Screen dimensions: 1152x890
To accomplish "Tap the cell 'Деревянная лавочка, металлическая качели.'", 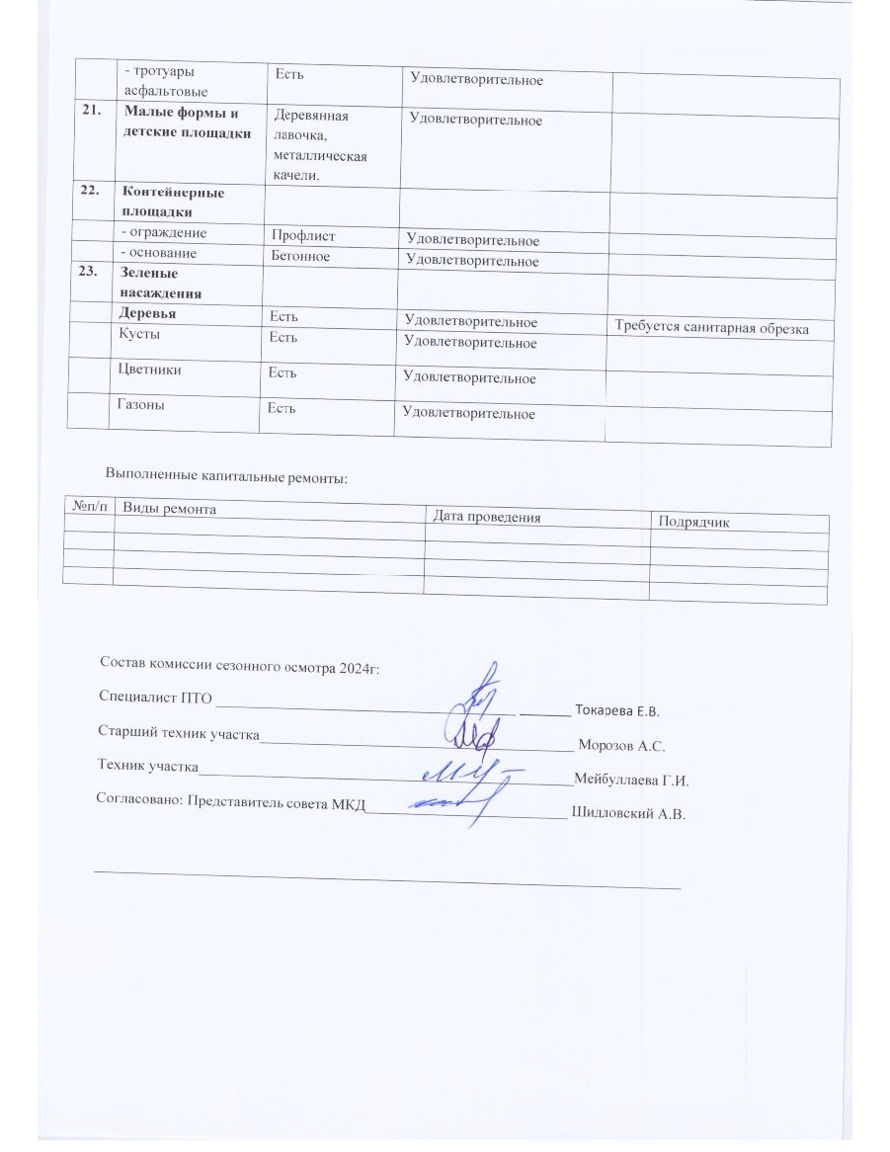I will click(314, 142).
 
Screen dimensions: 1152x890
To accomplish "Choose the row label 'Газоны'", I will click(143, 405).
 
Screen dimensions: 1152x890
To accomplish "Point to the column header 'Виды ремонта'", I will click(169, 508).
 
